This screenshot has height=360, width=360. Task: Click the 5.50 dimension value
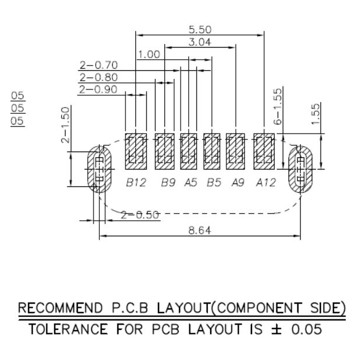tap(199, 29)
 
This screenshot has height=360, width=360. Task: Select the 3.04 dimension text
tap(199, 42)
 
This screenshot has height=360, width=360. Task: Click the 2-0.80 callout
tap(99, 77)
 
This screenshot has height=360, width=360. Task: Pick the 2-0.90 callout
tap(99, 89)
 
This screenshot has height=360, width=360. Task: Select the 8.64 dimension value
tap(199, 231)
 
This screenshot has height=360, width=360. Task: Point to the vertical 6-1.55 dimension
tap(278, 106)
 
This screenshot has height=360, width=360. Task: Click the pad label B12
tap(136, 183)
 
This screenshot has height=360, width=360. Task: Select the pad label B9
tap(168, 183)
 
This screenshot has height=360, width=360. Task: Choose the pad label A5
tap(190, 183)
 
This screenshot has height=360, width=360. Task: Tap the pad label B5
tap(214, 183)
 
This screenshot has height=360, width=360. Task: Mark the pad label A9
tap(237, 183)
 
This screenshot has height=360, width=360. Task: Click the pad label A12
tap(266, 183)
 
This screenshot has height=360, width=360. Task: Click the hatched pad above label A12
tap(264, 150)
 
